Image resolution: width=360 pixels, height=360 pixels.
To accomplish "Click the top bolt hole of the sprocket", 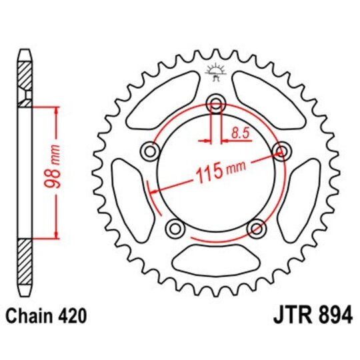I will coord(215,103).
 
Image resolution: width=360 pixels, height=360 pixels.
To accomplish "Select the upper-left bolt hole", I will coord(149,152).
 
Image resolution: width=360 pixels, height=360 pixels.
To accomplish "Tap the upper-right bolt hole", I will coord(281,152).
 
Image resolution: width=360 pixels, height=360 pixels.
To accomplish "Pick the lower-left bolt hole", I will coord(175,229).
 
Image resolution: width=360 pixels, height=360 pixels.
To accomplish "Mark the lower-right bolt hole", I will coord(256,229).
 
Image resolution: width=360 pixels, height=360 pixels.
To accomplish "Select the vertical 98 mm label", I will coord(59,171).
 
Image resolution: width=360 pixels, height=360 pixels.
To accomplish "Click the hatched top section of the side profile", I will coord(25,77).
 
